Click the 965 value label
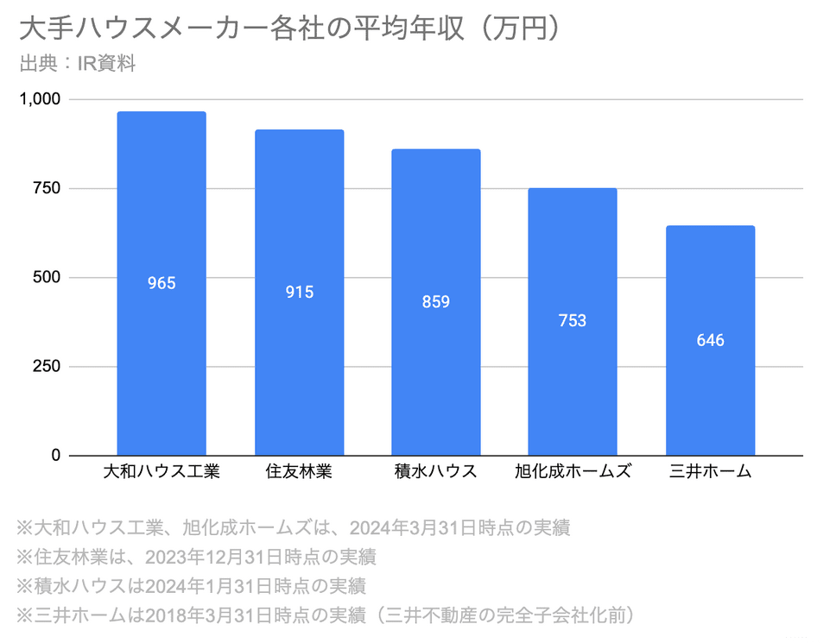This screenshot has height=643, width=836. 161,283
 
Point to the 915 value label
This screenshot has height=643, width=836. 299,293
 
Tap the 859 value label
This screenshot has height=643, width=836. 436,302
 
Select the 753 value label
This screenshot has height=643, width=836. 573,321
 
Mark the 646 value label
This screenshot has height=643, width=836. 710,340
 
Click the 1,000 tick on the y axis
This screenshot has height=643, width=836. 40,99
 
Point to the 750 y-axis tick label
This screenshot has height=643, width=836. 45,189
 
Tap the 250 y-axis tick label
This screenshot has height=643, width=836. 45,367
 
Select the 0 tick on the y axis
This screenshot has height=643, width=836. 55,456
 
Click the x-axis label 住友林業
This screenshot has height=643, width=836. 299,472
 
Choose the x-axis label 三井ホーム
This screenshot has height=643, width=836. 710,472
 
